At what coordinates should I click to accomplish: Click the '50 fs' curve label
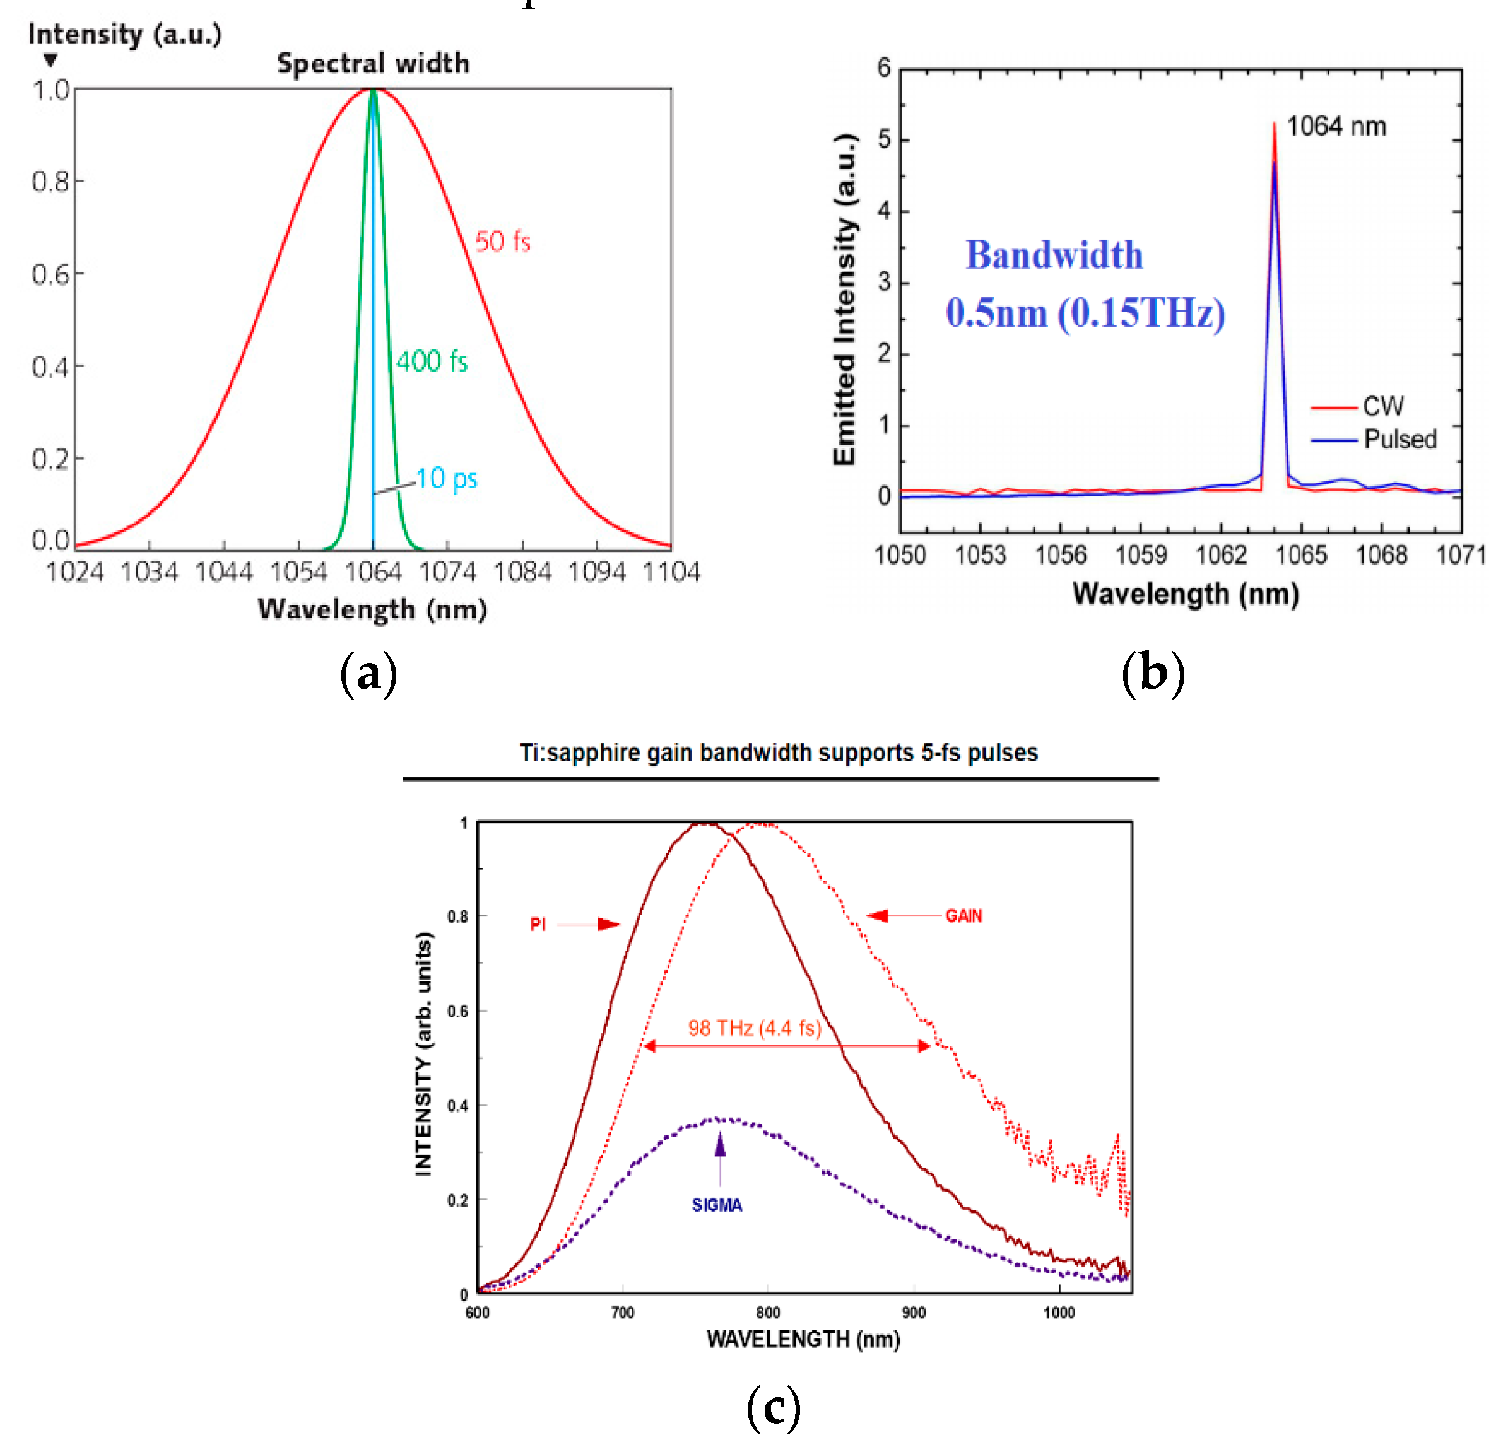[502, 242]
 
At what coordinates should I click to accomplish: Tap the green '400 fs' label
[432, 361]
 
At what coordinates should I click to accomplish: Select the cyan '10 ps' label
[446, 478]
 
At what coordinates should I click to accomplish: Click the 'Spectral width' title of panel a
[373, 63]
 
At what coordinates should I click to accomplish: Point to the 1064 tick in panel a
[373, 571]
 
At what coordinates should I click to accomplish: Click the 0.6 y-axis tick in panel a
[50, 274]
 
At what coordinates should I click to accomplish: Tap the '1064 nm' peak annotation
[1336, 126]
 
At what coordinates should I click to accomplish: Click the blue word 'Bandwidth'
[1054, 255]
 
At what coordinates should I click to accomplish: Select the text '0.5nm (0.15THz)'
[1085, 313]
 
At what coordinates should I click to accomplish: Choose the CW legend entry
[1382, 406]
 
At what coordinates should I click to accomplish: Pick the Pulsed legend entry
[1399, 439]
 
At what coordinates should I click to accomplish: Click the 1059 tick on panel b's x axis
[1141, 554]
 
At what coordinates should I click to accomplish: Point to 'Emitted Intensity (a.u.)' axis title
[845, 300]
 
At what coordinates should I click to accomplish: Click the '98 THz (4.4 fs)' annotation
[755, 1028]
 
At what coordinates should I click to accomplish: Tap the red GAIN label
[963, 916]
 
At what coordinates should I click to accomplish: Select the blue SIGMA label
[716, 1205]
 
